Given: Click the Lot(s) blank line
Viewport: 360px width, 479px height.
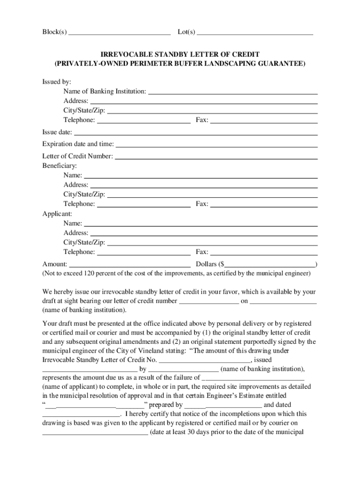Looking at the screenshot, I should click(x=255, y=33).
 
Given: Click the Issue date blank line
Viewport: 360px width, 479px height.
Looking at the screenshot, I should click(x=196, y=132).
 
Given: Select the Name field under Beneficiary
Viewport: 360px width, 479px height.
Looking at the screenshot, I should click(x=201, y=175).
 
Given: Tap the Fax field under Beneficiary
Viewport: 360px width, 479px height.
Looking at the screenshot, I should click(x=264, y=204).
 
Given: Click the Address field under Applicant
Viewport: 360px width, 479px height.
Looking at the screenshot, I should click(x=204, y=233).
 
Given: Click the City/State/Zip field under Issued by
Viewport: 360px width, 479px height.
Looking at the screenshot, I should click(x=212, y=111).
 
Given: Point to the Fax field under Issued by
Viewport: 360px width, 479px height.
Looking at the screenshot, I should click(x=264, y=121).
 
